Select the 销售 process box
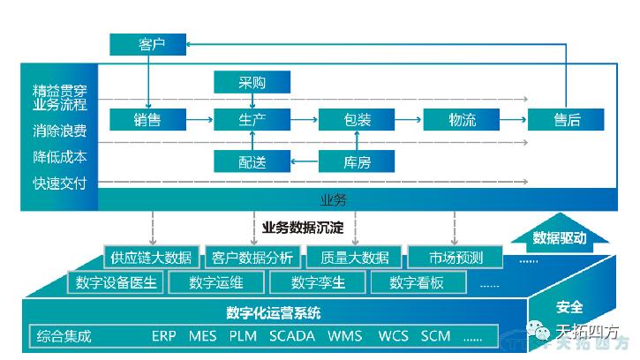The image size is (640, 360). (x=147, y=119)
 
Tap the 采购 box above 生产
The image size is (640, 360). (x=252, y=84)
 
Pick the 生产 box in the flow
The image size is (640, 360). (x=252, y=119)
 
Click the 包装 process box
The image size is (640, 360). (x=357, y=119)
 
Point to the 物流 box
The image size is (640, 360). (x=462, y=119)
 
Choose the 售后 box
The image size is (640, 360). (x=566, y=119)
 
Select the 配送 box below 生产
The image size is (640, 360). (x=252, y=161)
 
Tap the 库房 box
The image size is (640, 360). (x=357, y=161)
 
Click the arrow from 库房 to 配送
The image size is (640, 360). (x=305, y=161)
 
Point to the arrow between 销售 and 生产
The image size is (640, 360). (x=200, y=119)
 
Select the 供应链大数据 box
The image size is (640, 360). (x=149, y=258)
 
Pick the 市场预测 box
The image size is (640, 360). (x=454, y=258)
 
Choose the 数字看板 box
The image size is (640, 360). (x=417, y=283)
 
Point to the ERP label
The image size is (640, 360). (x=165, y=336)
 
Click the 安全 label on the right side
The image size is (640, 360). (x=569, y=307)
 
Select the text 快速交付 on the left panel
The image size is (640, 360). (x=59, y=183)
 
